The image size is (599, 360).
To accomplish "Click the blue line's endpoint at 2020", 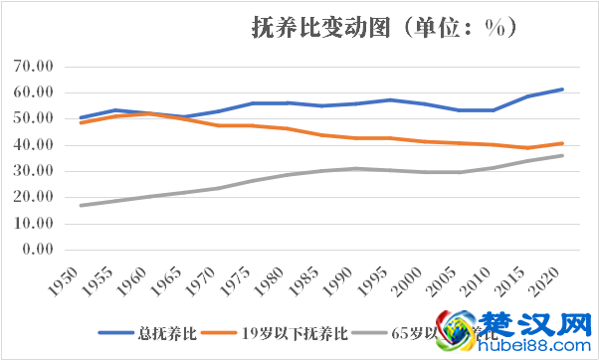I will point(562,90).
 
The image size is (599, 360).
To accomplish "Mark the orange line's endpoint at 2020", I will point(562,143).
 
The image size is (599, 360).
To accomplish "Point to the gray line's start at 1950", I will point(81,205).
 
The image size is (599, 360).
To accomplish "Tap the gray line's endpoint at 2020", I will point(562,155).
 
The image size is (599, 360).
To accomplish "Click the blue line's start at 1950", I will point(81,117).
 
